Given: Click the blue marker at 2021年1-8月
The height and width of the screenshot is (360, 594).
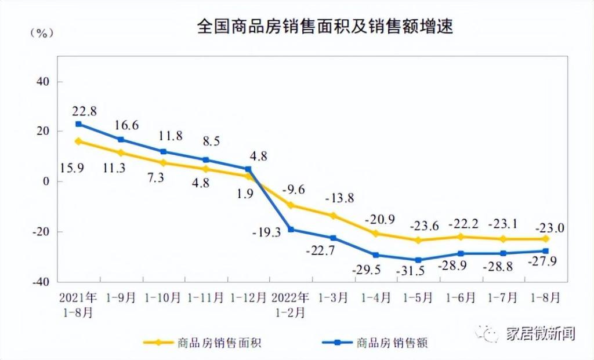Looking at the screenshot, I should (x=78, y=124).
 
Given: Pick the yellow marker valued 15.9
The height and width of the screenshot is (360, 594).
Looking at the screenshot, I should (x=78, y=141).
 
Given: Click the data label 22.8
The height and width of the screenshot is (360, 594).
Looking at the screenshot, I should (x=84, y=111).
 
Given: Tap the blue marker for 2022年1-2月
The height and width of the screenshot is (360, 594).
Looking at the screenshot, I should (x=291, y=230).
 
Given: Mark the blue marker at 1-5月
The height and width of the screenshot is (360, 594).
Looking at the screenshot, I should (x=418, y=260).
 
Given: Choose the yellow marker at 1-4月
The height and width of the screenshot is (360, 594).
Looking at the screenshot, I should (x=376, y=234).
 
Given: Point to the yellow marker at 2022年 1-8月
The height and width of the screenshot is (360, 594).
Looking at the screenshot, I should (x=545, y=239).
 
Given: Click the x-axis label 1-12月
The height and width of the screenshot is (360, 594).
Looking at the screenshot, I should (x=248, y=299).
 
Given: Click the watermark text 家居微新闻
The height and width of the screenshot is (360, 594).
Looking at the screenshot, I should (x=539, y=334).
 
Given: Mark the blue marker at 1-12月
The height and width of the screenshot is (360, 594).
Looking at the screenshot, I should (x=248, y=169).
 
